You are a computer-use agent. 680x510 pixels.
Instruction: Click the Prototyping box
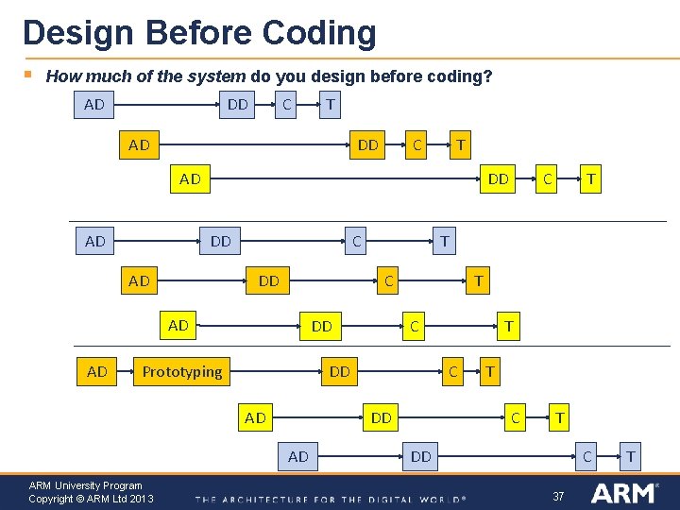[182, 371]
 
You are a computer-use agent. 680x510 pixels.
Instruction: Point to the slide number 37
[558, 496]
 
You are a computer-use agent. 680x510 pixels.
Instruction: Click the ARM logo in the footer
[623, 493]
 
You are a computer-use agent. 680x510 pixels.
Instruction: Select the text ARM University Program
[85, 485]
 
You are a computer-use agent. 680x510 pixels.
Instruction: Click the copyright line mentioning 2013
[91, 499]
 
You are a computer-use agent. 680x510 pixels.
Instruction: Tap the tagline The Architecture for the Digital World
[331, 499]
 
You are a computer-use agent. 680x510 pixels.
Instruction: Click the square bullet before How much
[28, 74]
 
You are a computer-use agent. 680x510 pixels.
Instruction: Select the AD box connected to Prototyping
[96, 371]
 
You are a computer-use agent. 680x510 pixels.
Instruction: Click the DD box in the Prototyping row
[340, 371]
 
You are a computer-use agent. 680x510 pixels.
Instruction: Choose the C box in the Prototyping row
[453, 371]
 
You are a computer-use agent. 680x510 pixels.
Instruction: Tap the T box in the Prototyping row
[489, 371]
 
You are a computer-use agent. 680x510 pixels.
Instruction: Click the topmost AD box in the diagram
[94, 104]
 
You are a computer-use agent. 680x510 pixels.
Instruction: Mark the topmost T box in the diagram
[329, 104]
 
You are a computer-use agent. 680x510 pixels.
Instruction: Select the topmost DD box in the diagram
[238, 104]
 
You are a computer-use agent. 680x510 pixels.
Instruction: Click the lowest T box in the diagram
[631, 457]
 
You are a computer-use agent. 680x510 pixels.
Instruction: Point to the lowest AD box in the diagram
[298, 457]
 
